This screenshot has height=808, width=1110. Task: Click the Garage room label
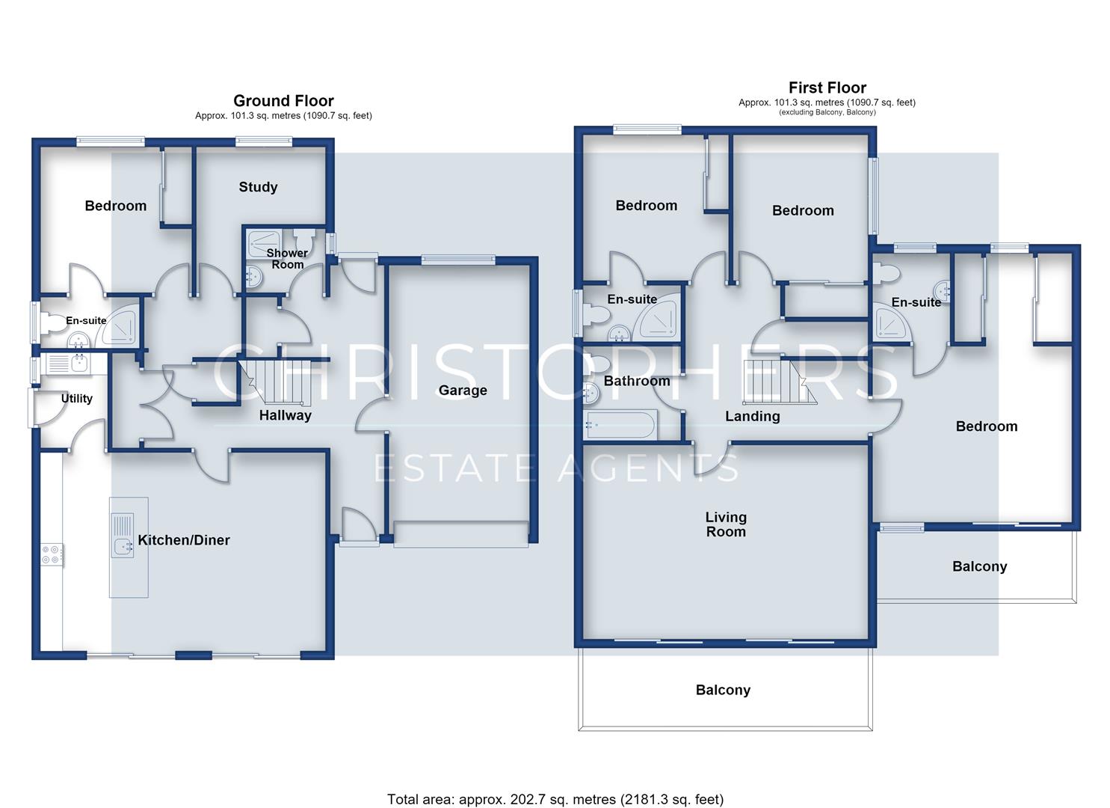pos(463,391)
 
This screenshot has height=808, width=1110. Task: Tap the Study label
pos(258,187)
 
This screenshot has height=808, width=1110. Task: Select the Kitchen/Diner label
pos(184,540)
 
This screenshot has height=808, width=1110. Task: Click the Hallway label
pos(286,415)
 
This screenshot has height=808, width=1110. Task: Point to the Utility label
pos(77,398)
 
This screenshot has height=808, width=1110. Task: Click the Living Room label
pos(726,524)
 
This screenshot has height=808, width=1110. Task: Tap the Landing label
pos(752,416)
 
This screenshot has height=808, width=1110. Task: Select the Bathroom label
pos(637,381)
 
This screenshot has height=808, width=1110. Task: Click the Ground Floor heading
pos(283,101)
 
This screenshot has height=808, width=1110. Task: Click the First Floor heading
pos(827,88)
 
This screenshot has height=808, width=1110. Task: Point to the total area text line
pos(555,772)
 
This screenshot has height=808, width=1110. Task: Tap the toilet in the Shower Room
pos(303,241)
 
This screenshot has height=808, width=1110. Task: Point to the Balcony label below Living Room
pos(723,690)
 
